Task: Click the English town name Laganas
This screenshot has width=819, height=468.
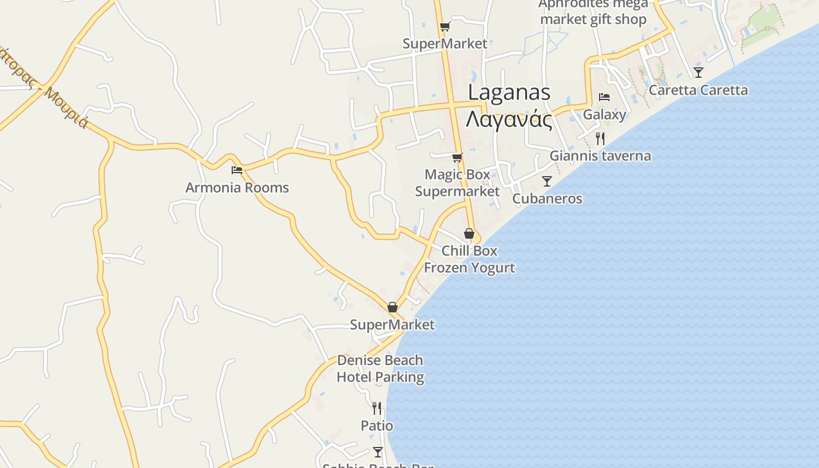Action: pos(509,92)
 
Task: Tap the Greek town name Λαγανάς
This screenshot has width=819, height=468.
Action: pos(509,119)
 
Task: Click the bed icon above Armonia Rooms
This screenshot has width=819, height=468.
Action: pos(237,170)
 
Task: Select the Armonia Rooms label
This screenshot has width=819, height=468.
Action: pos(237,188)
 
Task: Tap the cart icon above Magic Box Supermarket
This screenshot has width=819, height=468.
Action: pos(457,157)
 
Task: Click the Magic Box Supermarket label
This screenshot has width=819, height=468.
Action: pos(457,183)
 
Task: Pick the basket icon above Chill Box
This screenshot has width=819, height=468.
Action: pos(469,233)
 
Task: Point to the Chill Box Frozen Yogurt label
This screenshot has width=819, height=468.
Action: pos(469,259)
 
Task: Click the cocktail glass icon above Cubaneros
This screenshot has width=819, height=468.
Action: pos(547,181)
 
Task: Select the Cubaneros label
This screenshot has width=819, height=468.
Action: pos(547,199)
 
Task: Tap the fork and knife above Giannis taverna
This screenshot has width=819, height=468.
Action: pos(600,139)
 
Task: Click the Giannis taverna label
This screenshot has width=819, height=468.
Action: pos(600,156)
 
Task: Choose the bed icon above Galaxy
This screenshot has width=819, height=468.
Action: pos(604,97)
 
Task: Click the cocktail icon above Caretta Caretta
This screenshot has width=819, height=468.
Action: pos(698,73)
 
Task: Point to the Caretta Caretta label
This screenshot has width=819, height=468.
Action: pos(698,90)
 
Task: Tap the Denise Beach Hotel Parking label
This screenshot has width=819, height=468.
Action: pos(380,369)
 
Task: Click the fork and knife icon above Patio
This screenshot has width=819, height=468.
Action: pos(377,408)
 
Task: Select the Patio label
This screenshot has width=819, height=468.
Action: pos(377,426)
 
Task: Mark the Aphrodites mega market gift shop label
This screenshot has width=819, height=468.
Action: pos(593,12)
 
